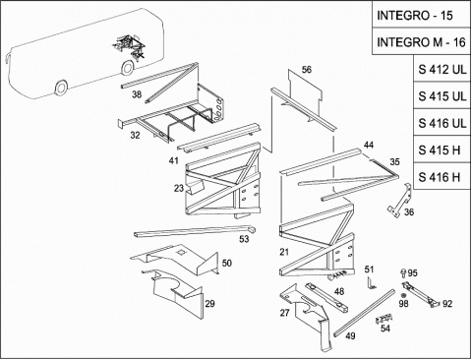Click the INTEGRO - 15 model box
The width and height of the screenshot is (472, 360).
click(421, 15)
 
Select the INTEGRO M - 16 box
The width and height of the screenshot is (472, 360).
click(421, 41)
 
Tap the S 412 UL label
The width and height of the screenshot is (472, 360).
click(442, 69)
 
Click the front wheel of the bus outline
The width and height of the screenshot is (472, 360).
click(61, 88)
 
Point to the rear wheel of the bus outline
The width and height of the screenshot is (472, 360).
click(127, 67)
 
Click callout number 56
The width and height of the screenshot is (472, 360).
click(307, 70)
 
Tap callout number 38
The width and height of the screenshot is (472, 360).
click(137, 94)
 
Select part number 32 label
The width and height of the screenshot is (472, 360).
click(135, 135)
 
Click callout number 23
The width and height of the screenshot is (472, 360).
click(179, 188)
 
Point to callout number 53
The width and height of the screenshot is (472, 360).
click(244, 239)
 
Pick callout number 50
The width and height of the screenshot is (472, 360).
click(227, 263)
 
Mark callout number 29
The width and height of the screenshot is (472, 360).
click(209, 303)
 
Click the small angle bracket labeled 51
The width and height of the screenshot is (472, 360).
click(371, 283)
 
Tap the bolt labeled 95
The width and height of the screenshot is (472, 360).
click(404, 272)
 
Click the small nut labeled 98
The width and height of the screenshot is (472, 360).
click(403, 295)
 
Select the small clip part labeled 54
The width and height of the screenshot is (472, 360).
click(383, 319)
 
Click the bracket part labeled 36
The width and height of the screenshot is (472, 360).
click(400, 201)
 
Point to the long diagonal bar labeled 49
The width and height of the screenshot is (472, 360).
click(364, 313)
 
